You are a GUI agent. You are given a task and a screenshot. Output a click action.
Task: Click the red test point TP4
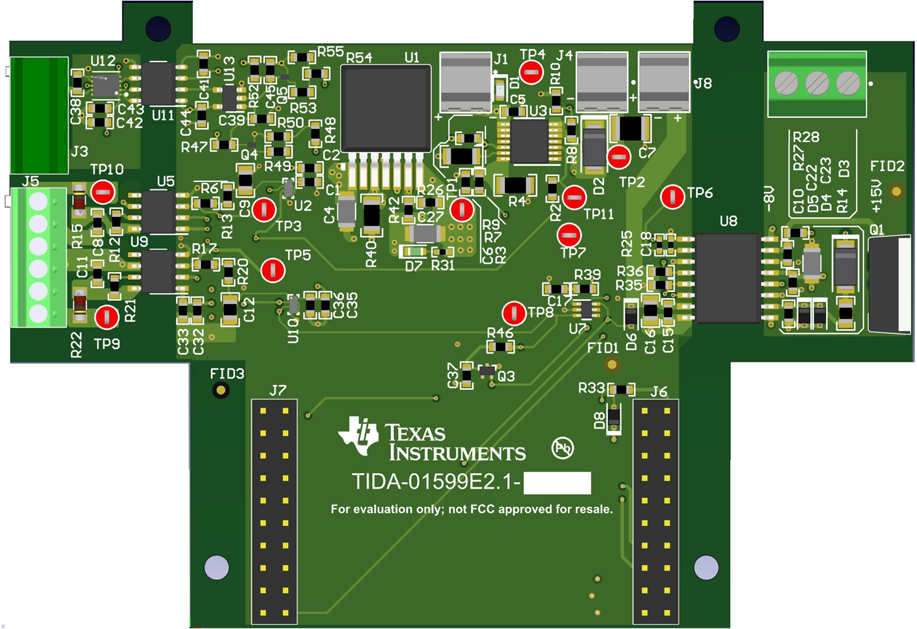point(531,72)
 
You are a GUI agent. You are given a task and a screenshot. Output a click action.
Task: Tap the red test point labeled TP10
point(103,193)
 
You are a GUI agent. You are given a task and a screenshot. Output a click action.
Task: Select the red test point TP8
point(514,313)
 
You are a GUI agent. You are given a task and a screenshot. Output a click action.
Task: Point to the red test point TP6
point(672,197)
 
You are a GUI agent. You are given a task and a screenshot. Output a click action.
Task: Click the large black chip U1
point(386,108)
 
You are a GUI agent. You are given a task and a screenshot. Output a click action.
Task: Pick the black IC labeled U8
point(728,278)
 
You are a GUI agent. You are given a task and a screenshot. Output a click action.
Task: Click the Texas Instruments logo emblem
point(358,434)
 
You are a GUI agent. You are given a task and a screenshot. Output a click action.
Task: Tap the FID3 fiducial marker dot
point(221,391)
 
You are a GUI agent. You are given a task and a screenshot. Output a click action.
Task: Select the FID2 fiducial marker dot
point(896,192)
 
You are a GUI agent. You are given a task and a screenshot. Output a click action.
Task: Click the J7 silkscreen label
point(278,391)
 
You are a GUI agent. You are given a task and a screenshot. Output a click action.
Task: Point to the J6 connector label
point(659,392)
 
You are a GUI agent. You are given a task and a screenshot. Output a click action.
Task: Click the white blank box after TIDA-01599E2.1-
point(557,483)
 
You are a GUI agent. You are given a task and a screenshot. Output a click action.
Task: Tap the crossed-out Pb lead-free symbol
point(563,448)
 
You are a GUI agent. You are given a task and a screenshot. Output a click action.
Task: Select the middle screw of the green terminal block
point(817,83)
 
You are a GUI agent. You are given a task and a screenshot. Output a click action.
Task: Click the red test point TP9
point(107,317)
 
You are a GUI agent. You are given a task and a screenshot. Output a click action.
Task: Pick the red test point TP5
point(273,270)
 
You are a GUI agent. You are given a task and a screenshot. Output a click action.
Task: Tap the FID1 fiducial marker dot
point(612,364)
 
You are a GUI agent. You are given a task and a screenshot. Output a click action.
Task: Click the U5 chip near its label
point(158,210)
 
